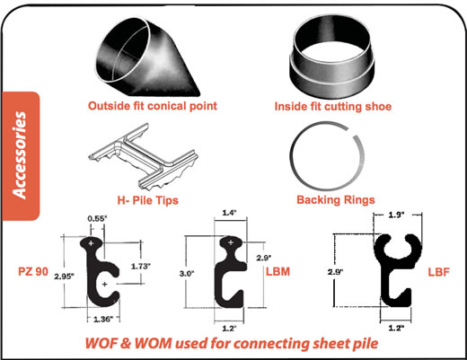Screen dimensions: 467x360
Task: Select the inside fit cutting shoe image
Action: click(332, 56)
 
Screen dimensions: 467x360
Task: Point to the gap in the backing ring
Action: click(351, 132)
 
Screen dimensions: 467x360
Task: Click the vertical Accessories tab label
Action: click(20, 155)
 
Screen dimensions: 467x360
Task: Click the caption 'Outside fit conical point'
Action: click(153, 106)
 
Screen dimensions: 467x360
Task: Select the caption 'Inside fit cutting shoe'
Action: click(333, 106)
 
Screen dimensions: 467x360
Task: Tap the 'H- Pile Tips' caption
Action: click(147, 200)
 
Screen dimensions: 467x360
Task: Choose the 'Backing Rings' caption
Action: click(336, 199)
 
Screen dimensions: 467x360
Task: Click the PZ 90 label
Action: click(33, 271)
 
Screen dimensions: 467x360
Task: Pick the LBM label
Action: click(278, 271)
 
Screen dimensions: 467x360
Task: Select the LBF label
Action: click(438, 272)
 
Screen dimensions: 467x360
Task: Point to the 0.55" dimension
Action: click(97, 219)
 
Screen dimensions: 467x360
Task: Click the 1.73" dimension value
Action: click(141, 266)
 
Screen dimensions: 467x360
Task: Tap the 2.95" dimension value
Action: click(64, 277)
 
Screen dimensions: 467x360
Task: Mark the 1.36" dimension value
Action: click(103, 320)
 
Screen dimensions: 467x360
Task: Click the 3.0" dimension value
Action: click(187, 274)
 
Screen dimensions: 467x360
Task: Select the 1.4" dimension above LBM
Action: click(229, 213)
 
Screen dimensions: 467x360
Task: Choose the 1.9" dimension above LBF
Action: click(396, 215)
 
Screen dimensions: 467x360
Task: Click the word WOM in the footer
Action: click(154, 343)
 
